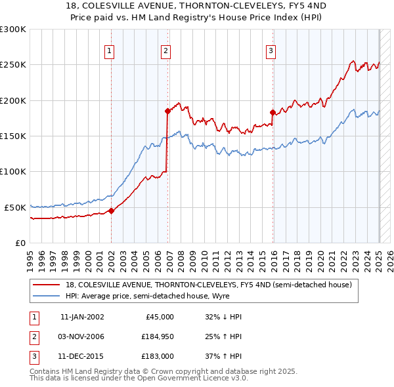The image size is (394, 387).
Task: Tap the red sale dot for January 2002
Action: pos(111,211)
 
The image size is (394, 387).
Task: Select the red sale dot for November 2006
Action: pos(167,112)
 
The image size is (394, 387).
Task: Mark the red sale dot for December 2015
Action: pos(273,113)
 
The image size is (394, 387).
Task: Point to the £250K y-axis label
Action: pos(13,65)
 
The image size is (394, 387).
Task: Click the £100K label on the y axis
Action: pos(13,172)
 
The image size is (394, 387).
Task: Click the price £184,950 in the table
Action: pos(156,336)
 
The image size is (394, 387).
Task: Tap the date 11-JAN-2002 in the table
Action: pos(82,317)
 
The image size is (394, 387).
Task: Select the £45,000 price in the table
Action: pos(159,317)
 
